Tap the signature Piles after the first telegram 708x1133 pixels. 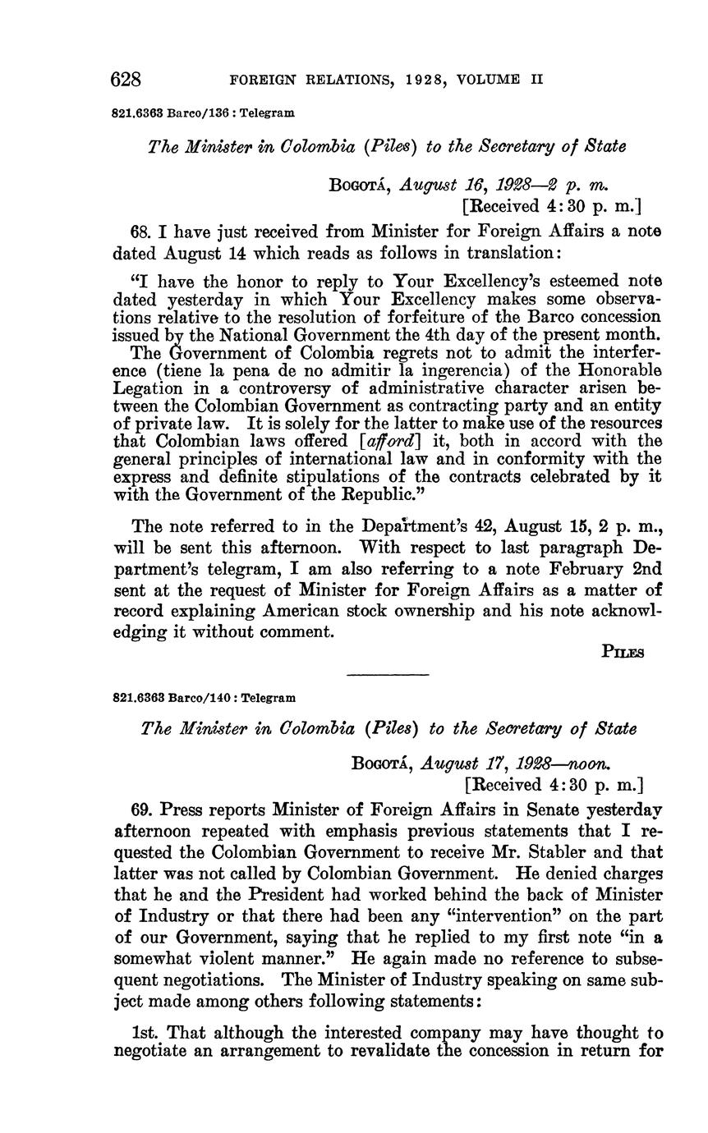click(623, 652)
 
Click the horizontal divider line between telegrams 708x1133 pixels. click(388, 675)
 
